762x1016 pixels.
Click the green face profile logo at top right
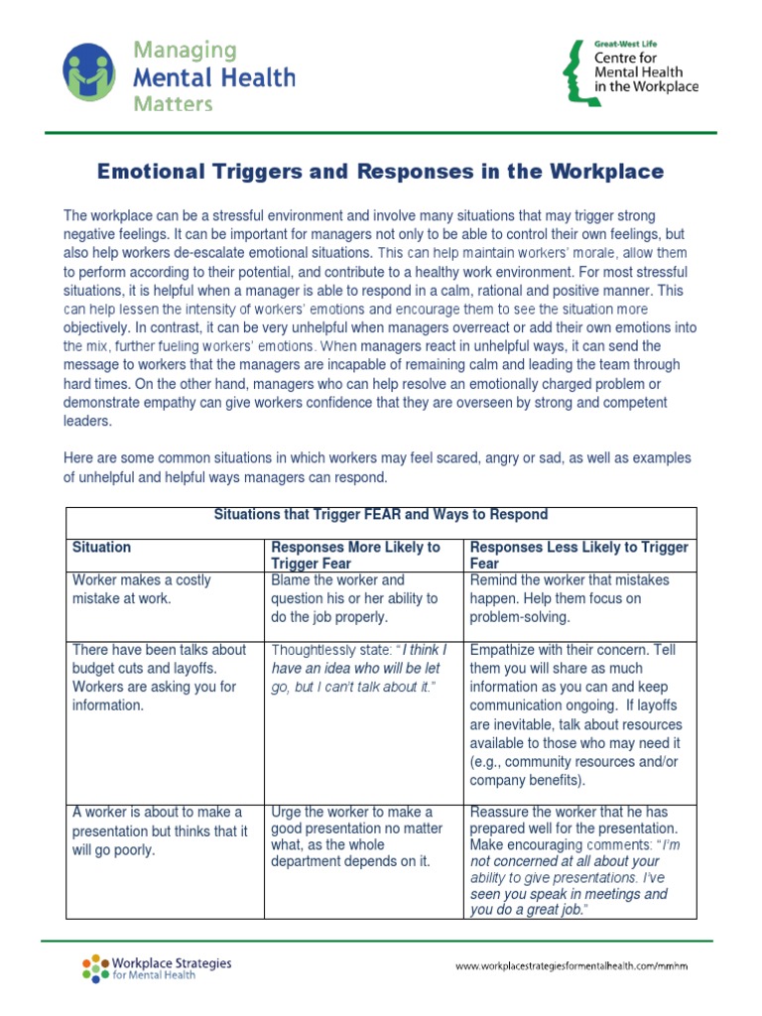(573, 71)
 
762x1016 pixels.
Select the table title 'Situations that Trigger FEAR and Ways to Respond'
(381, 515)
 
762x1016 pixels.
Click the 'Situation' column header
(102, 547)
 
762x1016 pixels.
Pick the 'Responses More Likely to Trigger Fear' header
(355, 555)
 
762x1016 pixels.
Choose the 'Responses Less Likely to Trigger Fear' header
(578, 555)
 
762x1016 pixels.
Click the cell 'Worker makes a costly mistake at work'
(141, 589)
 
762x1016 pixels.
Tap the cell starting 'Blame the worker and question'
(354, 598)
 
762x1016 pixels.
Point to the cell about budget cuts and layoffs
(159, 678)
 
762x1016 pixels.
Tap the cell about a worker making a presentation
(159, 830)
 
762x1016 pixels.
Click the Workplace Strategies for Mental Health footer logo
(157, 967)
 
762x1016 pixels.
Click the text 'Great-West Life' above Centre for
(625, 45)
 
